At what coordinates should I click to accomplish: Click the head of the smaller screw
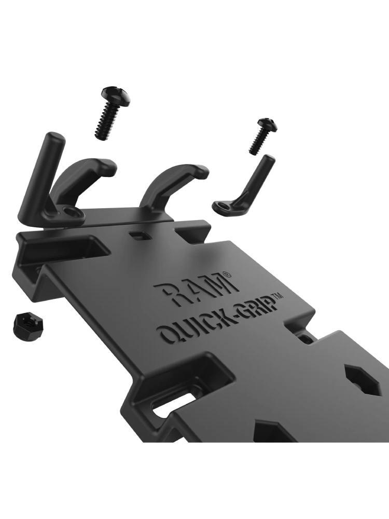[268, 124]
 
